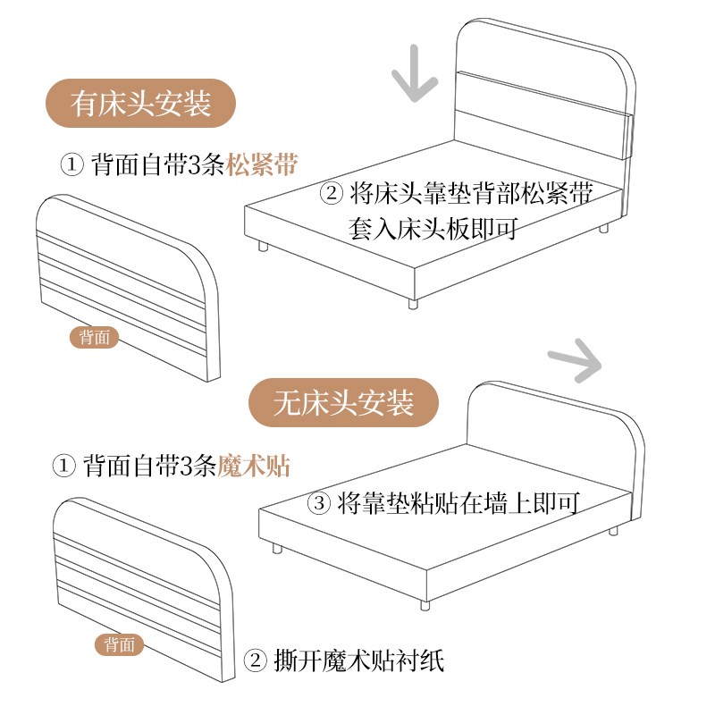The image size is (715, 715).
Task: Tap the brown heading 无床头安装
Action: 344,403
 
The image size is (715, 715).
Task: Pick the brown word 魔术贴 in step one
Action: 254,466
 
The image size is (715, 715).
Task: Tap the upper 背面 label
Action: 94,337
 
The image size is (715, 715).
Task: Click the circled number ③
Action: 320,502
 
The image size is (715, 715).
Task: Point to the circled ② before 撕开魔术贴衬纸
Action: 256,661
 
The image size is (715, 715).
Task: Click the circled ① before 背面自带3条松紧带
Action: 71,165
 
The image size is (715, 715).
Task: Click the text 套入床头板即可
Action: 433,227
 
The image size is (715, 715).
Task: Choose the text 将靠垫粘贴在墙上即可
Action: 456,502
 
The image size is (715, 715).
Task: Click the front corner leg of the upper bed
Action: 413,302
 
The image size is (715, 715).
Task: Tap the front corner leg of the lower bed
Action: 425,604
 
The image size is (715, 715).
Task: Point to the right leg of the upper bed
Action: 603,227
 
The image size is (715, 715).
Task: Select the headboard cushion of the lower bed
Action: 554,429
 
